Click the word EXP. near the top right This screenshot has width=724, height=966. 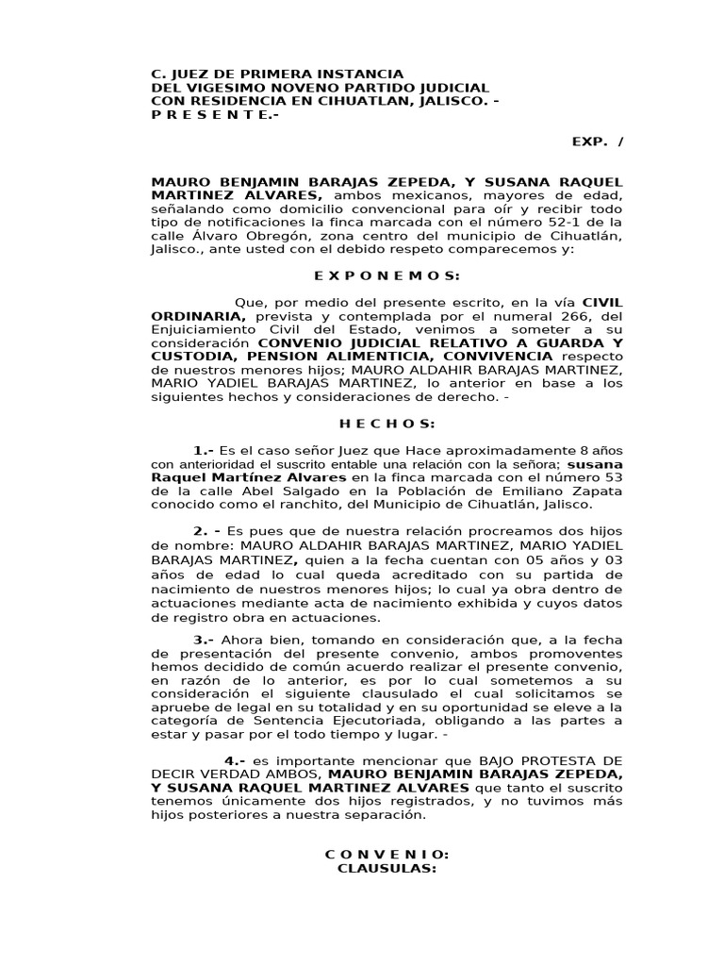[x=585, y=142]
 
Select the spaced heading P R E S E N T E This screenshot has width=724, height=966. [x=216, y=114]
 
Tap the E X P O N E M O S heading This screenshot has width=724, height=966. [x=387, y=275]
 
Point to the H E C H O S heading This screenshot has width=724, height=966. [x=387, y=424]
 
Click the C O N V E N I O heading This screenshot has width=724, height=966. [x=387, y=855]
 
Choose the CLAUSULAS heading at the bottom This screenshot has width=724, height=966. [x=387, y=868]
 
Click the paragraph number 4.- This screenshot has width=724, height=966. [x=235, y=760]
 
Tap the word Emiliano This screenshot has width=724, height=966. [x=499, y=491]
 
